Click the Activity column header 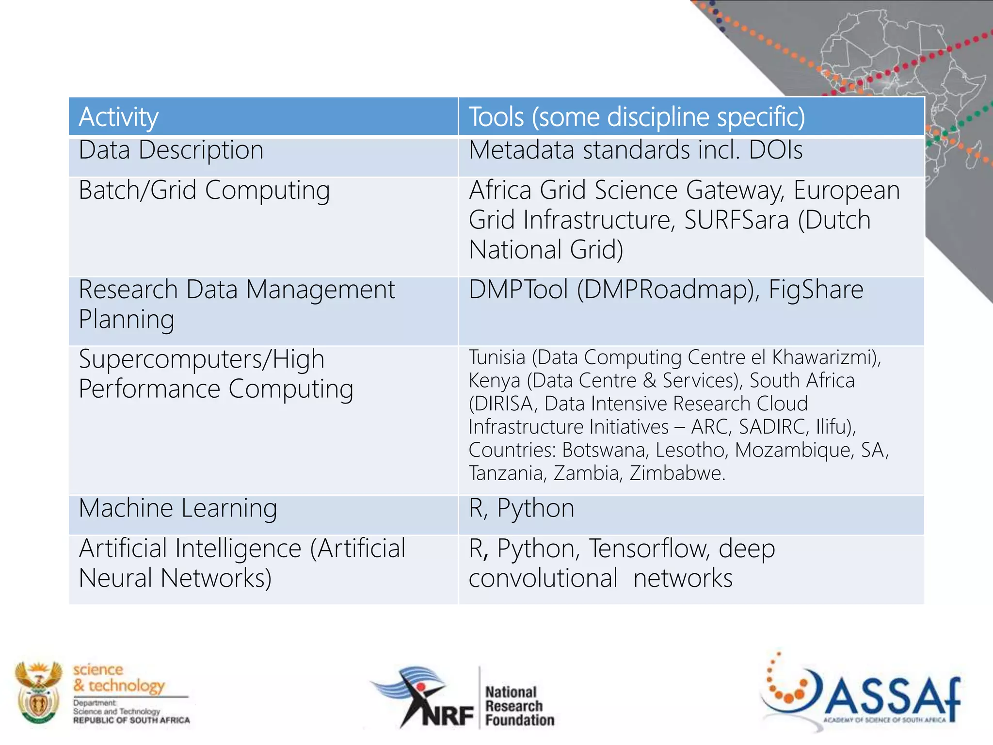pyautogui.click(x=118, y=117)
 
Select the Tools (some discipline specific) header pyautogui.click(x=637, y=117)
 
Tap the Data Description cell pyautogui.click(x=171, y=150)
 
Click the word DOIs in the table pyautogui.click(x=775, y=150)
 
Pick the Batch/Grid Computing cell pyautogui.click(x=204, y=190)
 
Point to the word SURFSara pyautogui.click(x=737, y=220)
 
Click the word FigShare pyautogui.click(x=816, y=290)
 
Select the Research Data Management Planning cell pyautogui.click(x=237, y=304)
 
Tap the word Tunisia pyautogui.click(x=497, y=357)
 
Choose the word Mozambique pyautogui.click(x=793, y=450)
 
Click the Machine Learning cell pyautogui.click(x=178, y=508)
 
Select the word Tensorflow pyautogui.click(x=650, y=549)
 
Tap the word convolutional pyautogui.click(x=543, y=579)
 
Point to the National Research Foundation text pyautogui.click(x=519, y=706)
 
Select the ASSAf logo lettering pyautogui.click(x=892, y=698)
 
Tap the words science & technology pyautogui.click(x=119, y=678)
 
